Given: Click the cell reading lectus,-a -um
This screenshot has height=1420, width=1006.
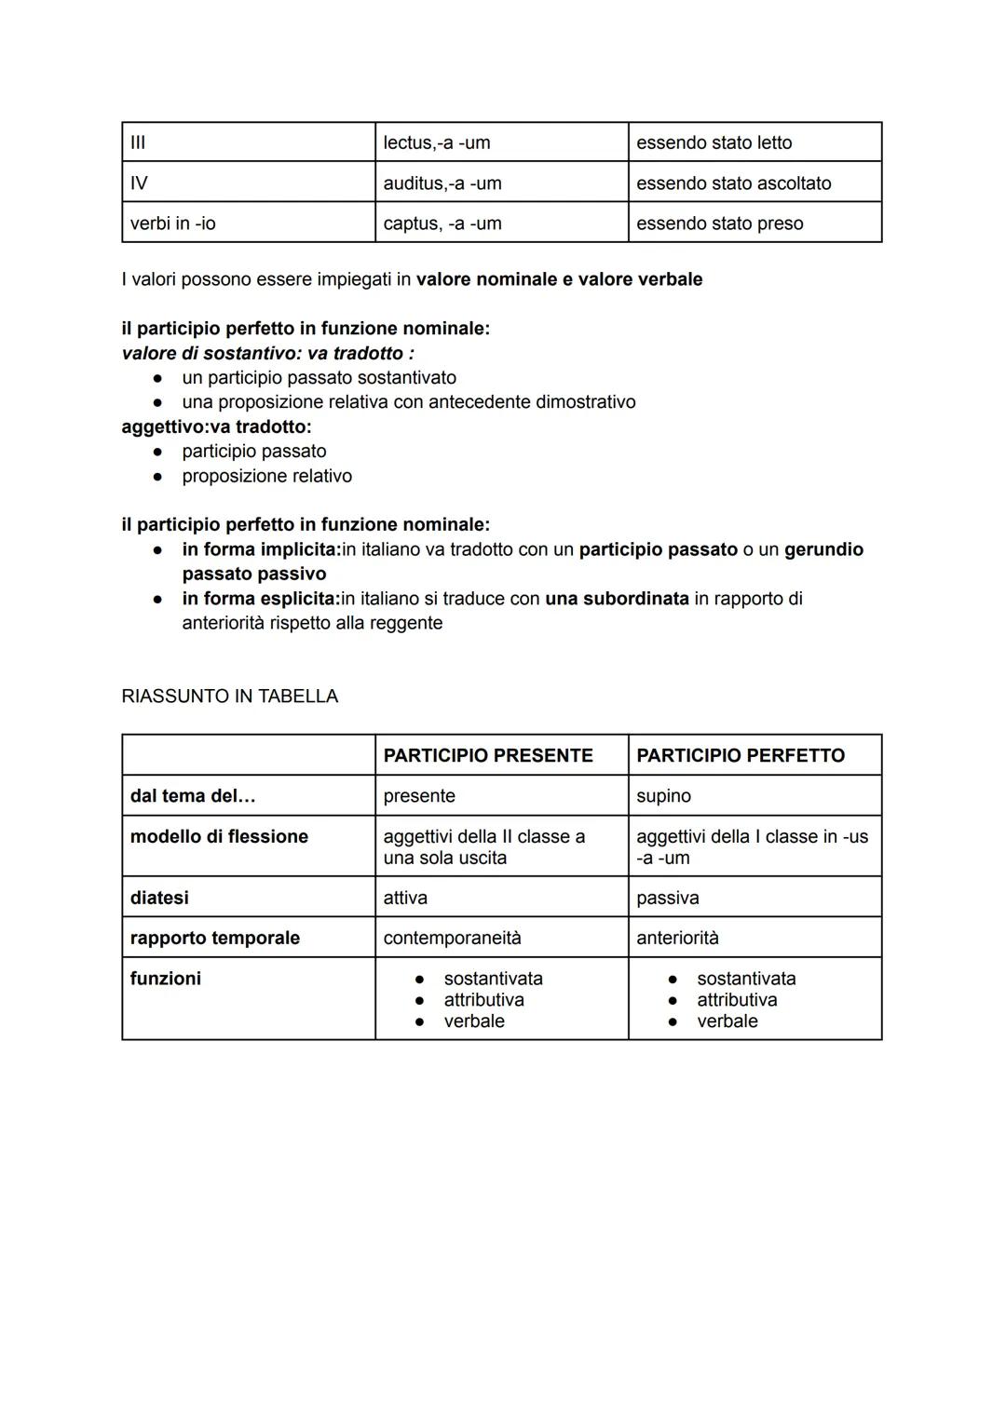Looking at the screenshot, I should [437, 142].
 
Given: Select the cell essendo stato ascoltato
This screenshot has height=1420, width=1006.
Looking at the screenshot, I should [733, 183].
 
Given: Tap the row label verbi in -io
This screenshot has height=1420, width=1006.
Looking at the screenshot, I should [173, 223].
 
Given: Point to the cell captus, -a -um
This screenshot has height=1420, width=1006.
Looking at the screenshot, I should [442, 223].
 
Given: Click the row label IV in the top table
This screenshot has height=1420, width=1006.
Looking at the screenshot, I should [139, 183].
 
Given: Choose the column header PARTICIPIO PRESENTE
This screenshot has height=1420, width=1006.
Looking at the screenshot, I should [487, 755].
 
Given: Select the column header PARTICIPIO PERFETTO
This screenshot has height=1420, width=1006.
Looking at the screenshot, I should [741, 755].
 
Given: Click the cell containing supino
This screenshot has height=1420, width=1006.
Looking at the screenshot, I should [663, 796].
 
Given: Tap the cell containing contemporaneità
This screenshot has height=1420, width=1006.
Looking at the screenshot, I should [452, 938].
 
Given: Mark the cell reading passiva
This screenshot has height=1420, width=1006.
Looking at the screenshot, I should [667, 898].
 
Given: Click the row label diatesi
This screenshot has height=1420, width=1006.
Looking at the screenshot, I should [159, 898].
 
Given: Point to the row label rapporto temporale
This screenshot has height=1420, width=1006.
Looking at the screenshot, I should [215, 938].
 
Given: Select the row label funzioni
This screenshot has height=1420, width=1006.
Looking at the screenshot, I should [166, 979].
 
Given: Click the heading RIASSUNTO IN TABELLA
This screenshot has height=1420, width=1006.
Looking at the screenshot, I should [229, 696].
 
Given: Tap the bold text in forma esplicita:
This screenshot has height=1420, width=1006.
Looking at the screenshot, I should [261, 598].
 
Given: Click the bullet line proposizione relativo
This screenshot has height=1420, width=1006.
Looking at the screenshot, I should [266, 476].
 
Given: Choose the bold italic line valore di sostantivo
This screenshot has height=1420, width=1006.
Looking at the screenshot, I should [267, 353].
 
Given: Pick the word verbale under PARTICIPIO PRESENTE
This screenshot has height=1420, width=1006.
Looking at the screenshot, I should [474, 1021].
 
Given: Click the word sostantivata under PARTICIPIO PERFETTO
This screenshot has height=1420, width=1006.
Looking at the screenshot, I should [746, 979].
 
